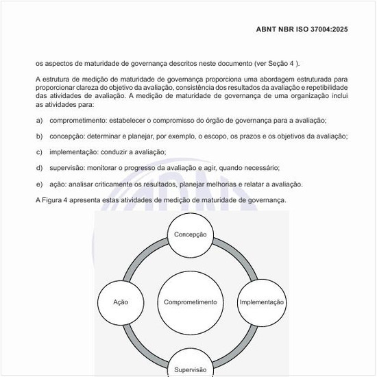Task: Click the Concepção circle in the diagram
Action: tap(190, 234)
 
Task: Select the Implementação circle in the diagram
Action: tap(261, 302)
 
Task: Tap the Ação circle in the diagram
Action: tap(121, 302)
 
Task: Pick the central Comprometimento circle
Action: tap(191, 302)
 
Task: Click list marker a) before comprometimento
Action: tap(39, 120)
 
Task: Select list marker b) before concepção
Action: tap(39, 136)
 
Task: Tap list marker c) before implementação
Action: tap(39, 151)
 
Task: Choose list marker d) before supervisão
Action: tap(39, 168)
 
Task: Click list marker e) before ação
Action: tap(39, 184)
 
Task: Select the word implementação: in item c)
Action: tap(74, 151)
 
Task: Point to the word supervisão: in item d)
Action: tap(69, 168)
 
